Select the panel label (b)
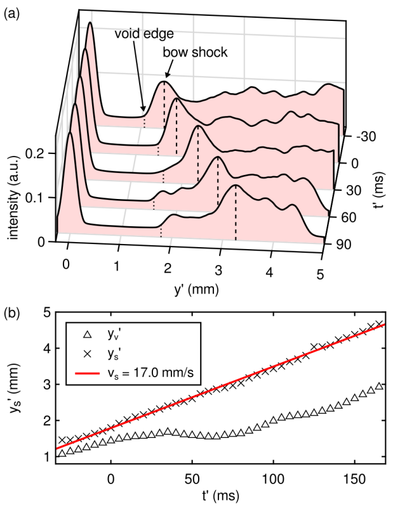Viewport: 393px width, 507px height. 11,313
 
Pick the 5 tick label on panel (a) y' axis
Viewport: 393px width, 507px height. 321,274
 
